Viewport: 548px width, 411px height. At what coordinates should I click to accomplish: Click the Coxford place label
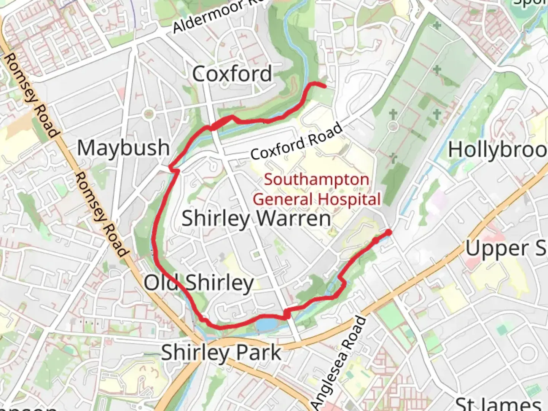click(232, 74)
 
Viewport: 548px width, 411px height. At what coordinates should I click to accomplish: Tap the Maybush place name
click(123, 148)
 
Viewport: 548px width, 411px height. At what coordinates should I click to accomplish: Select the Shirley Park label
click(221, 352)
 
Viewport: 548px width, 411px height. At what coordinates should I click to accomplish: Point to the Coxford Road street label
click(296, 142)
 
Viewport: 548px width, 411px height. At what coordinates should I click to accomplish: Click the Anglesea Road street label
click(339, 362)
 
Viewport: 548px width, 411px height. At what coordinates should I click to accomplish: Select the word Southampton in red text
click(316, 180)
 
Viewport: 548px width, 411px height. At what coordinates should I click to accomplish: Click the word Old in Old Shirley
click(161, 283)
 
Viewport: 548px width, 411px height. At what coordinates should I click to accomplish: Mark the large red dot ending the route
click(388, 232)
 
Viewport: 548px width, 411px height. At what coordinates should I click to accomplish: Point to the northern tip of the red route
click(324, 86)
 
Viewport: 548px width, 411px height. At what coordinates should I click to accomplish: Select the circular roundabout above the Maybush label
click(149, 113)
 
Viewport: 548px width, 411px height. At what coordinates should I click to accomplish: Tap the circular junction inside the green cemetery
click(393, 126)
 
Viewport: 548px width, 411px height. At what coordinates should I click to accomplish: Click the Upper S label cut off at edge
click(506, 249)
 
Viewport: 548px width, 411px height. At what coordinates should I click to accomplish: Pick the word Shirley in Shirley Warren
click(216, 219)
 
